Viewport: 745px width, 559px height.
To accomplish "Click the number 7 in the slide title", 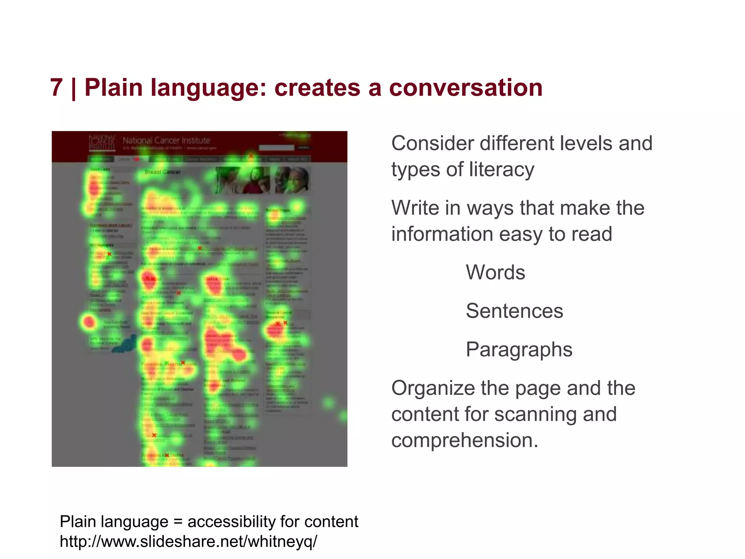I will (56, 88).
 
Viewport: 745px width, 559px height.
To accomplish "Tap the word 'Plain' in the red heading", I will (113, 88).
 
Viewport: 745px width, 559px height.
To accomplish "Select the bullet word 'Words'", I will (495, 272).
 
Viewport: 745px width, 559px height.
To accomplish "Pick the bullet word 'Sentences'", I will (514, 311).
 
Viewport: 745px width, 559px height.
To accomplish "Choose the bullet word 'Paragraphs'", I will (519, 349).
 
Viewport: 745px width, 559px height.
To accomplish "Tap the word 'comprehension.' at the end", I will (465, 440).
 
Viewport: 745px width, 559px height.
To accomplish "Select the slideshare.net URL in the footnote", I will (188, 541).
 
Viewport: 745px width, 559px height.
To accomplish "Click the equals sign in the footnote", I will (178, 522).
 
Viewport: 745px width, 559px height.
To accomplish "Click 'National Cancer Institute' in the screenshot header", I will (166, 140).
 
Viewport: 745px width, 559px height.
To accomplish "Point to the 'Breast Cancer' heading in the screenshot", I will (163, 172).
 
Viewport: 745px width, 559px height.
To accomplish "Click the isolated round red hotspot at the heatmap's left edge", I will (89, 322).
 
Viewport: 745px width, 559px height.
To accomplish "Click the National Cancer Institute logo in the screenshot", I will (102, 143).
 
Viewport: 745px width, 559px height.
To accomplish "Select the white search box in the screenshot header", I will (276, 147).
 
